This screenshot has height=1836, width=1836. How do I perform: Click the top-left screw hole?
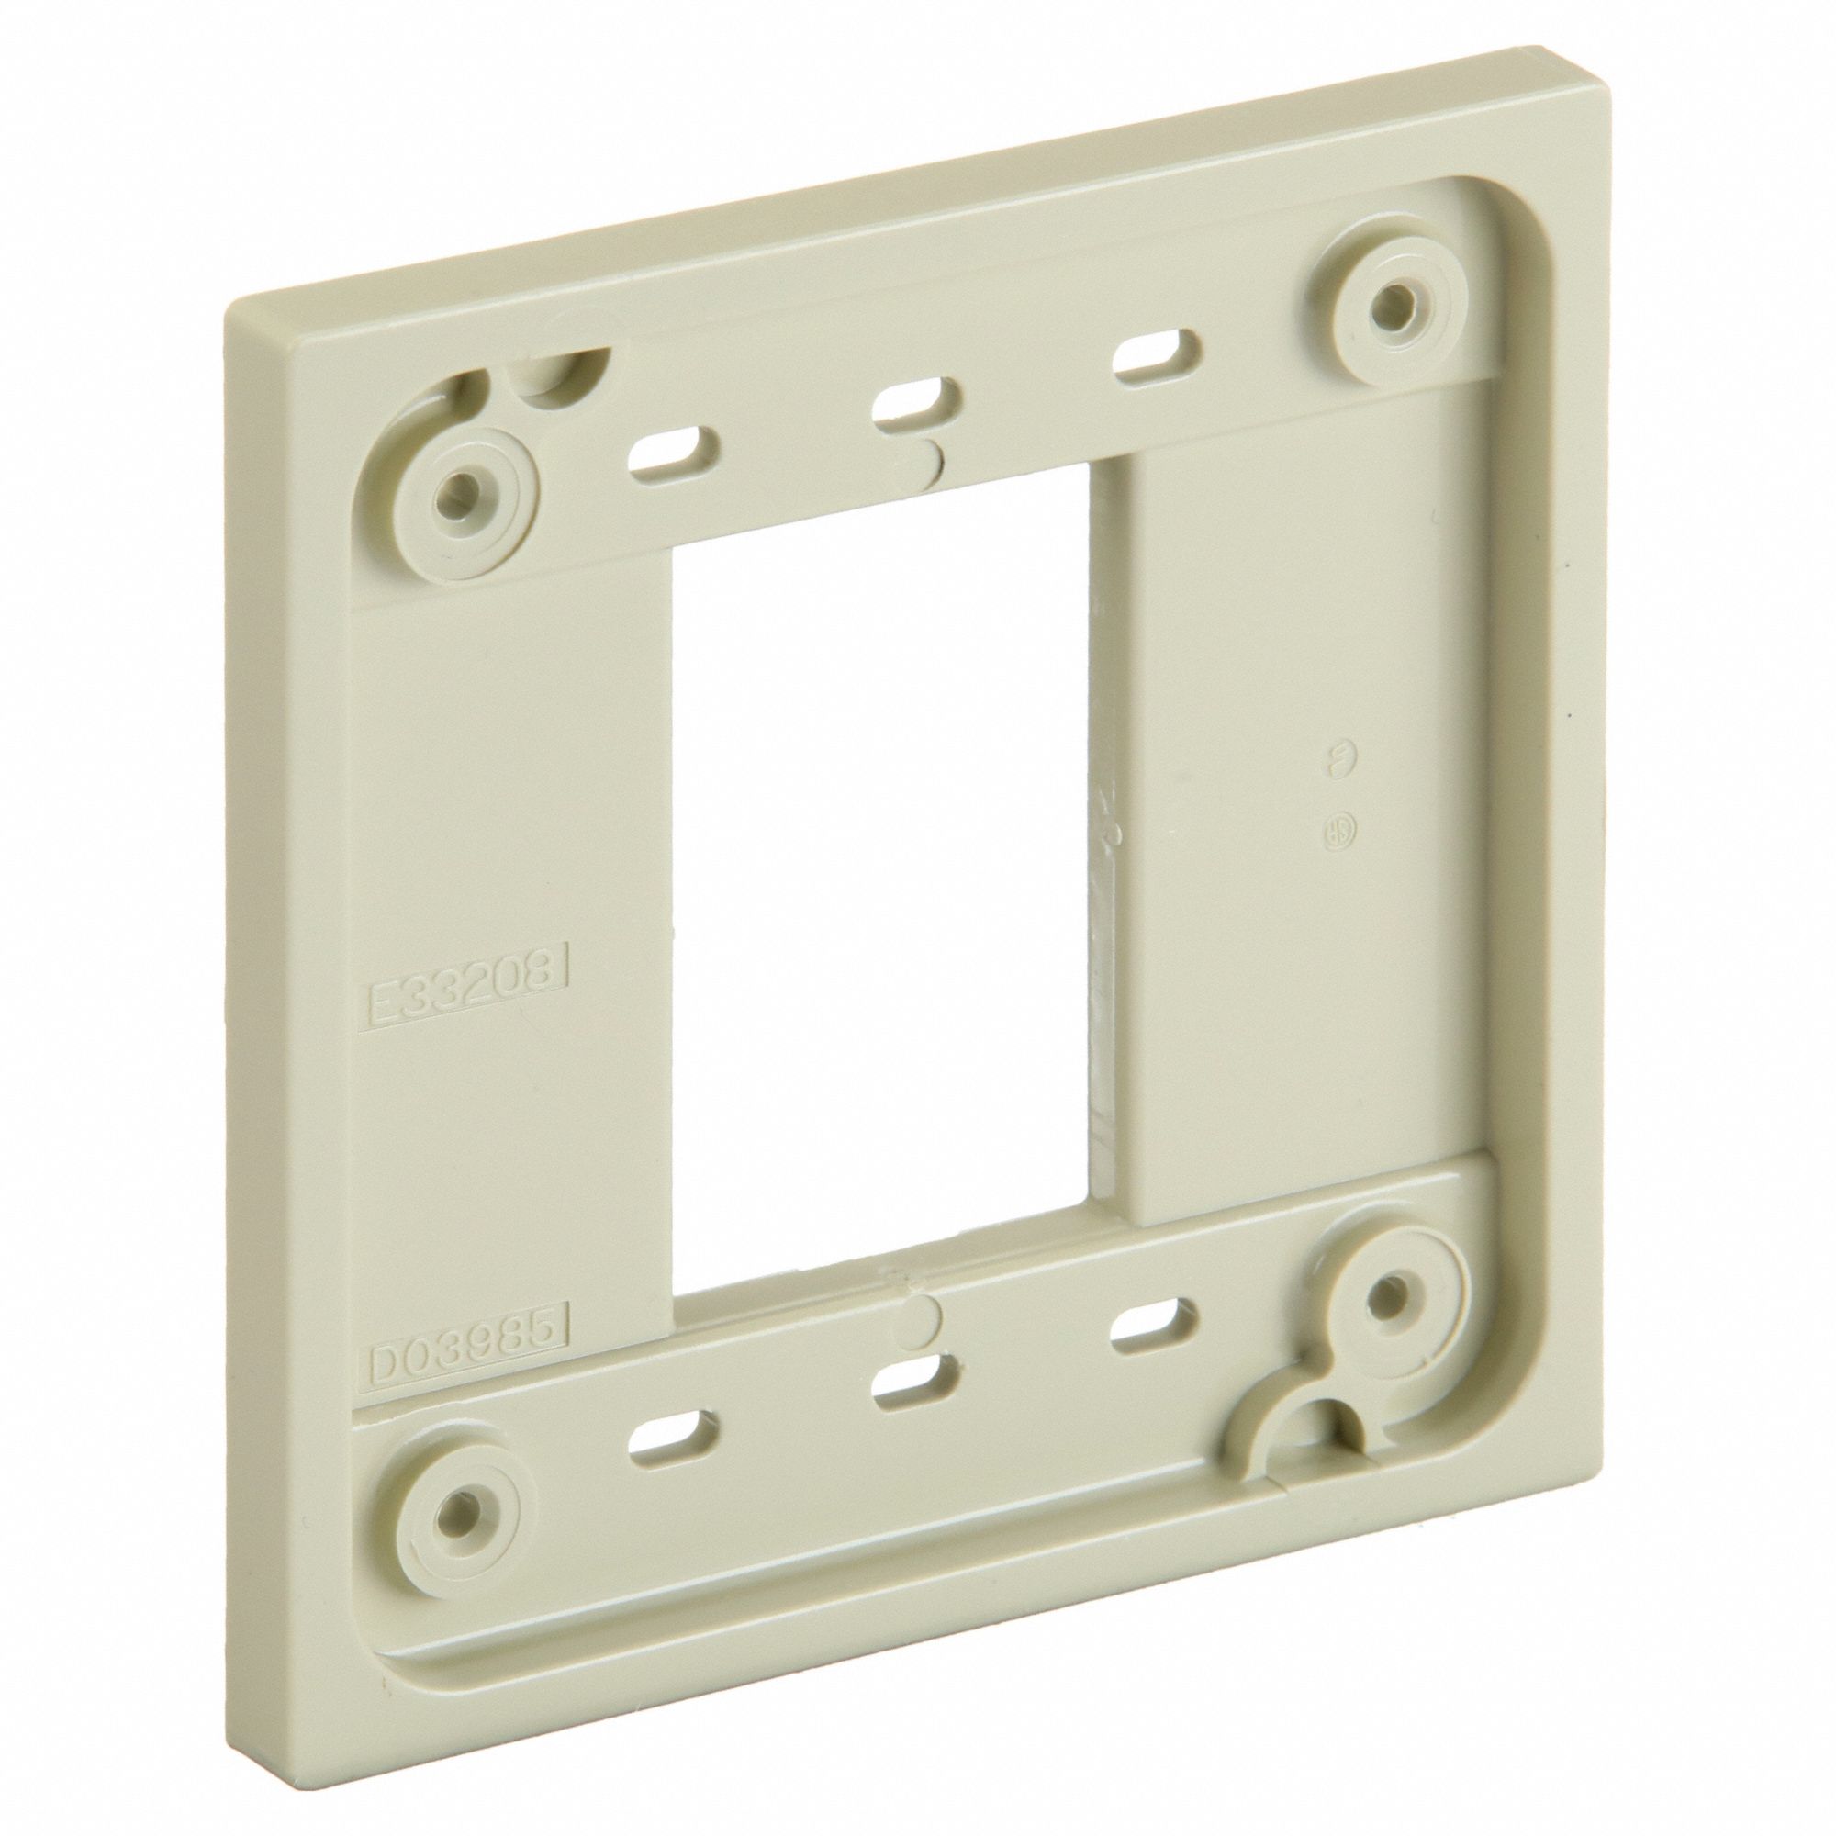(x=461, y=491)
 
